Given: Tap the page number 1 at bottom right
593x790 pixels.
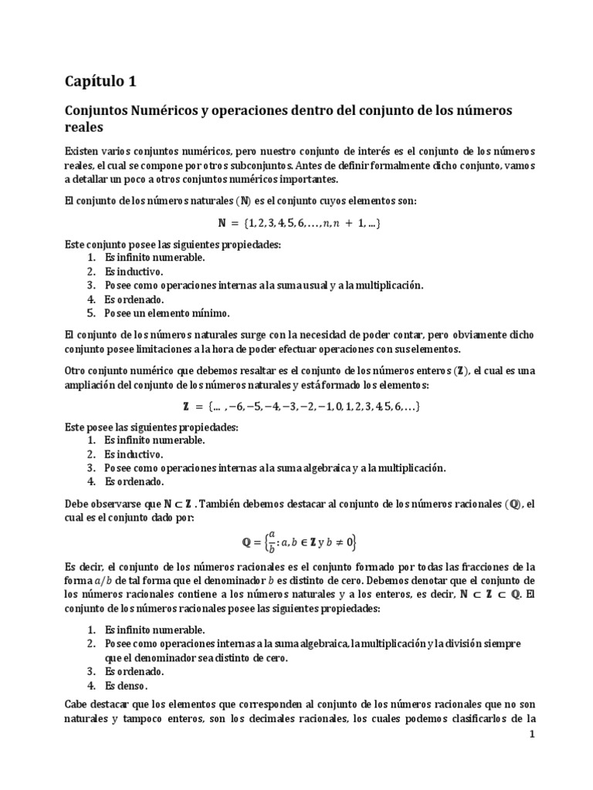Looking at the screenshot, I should [531, 736].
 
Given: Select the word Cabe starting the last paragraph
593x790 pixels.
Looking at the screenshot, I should [76, 705].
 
